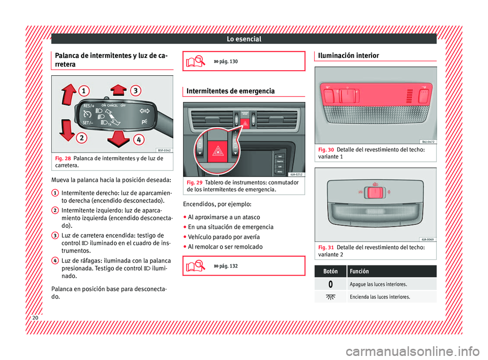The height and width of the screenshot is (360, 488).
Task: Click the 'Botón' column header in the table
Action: [x=331, y=271]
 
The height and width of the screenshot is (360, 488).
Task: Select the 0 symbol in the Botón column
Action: [x=331, y=284]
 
